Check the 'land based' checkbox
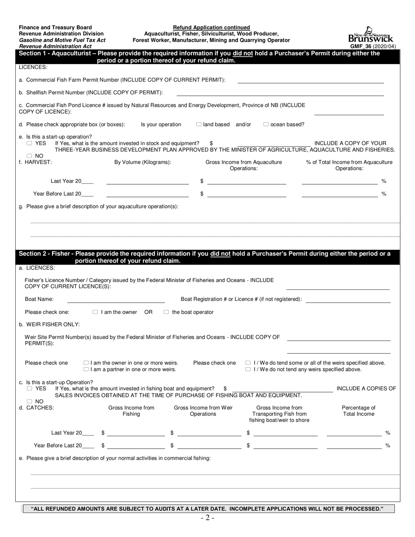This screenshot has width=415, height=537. pos(199,124)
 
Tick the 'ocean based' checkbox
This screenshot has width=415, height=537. pos(266,124)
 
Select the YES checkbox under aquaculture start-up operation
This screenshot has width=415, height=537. pos(29,143)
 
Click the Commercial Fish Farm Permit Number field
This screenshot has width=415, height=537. pos(310,80)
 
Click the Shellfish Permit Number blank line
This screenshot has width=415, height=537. pos(280,93)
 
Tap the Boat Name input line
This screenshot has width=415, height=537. pos(116,299)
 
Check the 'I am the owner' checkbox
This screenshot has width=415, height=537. pos(95,312)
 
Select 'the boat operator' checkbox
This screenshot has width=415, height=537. pos(166,312)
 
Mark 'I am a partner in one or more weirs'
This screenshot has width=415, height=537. pos(86,369)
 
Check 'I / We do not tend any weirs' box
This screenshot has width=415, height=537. pos(248,369)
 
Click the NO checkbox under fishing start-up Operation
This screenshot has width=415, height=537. pos(29,401)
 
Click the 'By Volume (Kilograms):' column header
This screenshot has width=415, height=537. pos(143,162)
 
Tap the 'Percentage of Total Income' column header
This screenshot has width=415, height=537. pos(358,411)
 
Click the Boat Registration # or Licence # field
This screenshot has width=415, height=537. pos(348,299)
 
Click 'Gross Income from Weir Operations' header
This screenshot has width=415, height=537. pos(203,411)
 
